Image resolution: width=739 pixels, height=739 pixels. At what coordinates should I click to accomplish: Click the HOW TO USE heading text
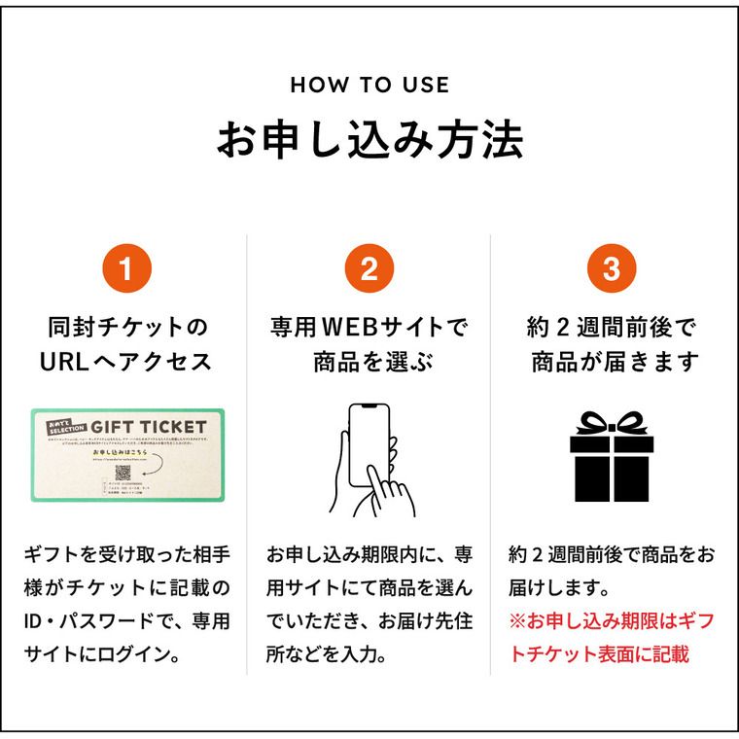(x=369, y=85)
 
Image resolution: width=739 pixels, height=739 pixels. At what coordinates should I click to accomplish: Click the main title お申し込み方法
(x=369, y=140)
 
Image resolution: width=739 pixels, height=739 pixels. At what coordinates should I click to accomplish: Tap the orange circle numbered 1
(x=127, y=269)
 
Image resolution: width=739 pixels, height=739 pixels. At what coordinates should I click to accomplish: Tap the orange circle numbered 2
(x=369, y=269)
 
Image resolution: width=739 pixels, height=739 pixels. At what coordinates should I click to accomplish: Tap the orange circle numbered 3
(x=611, y=269)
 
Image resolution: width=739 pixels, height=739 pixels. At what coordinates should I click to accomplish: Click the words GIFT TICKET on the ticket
(x=148, y=426)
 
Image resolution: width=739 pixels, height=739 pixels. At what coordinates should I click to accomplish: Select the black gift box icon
(x=612, y=463)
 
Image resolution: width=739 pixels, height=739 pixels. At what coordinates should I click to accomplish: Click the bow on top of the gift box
(x=612, y=423)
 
